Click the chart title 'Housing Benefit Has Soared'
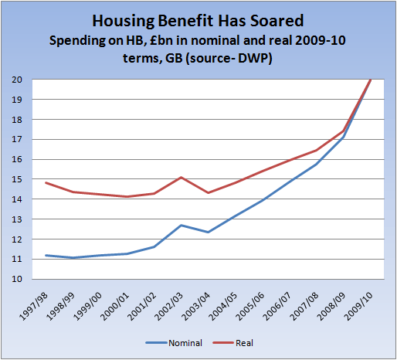coord(198,20)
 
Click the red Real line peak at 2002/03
coord(181,178)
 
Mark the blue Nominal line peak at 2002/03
coord(181,226)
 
